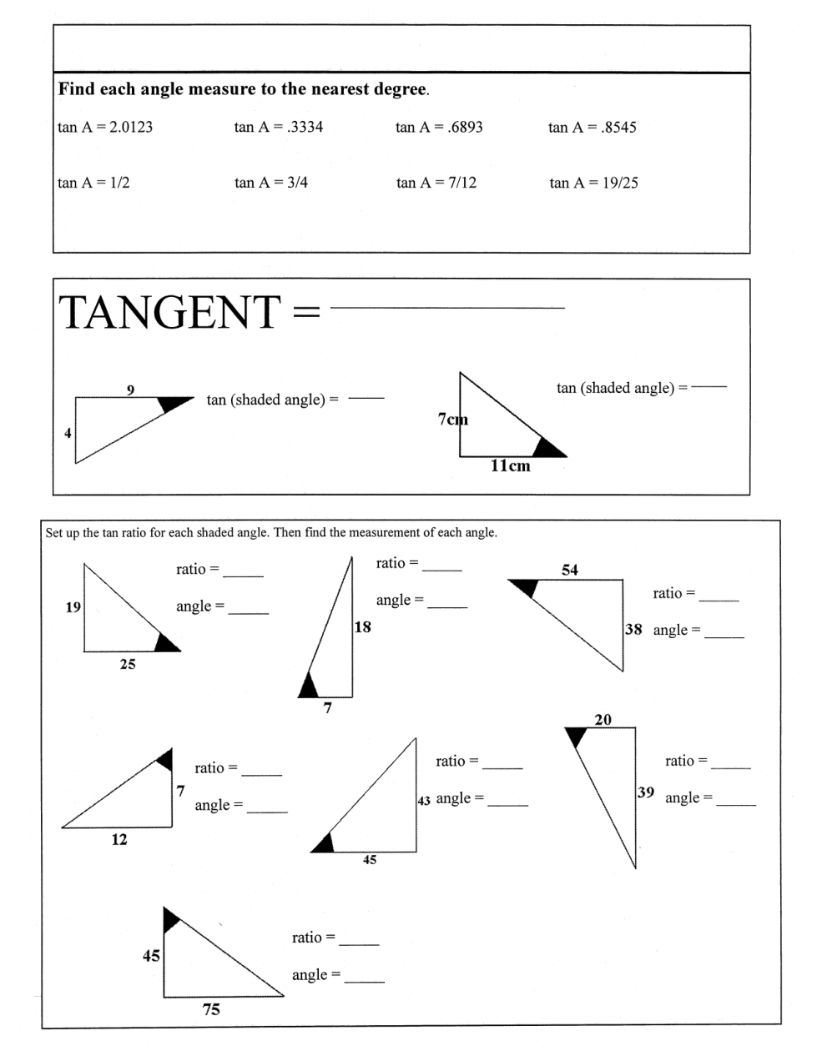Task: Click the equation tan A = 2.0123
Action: point(105,128)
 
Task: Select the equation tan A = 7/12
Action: point(436,183)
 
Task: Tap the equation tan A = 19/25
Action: point(593,183)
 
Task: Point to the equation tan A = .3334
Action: point(279,128)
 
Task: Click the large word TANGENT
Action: point(169,312)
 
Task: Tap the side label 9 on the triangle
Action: point(130,390)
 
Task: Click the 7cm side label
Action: point(452,419)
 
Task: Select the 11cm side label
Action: point(509,466)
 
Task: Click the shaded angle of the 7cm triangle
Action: point(547,448)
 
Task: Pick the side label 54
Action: point(570,570)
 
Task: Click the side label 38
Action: point(633,629)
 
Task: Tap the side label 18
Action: point(362,626)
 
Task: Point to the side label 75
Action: point(211,1009)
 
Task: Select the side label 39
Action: point(645,792)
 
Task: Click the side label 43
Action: point(423,800)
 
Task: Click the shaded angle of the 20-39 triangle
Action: point(576,735)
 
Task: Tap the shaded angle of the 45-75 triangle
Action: point(169,918)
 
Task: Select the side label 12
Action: point(119,840)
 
